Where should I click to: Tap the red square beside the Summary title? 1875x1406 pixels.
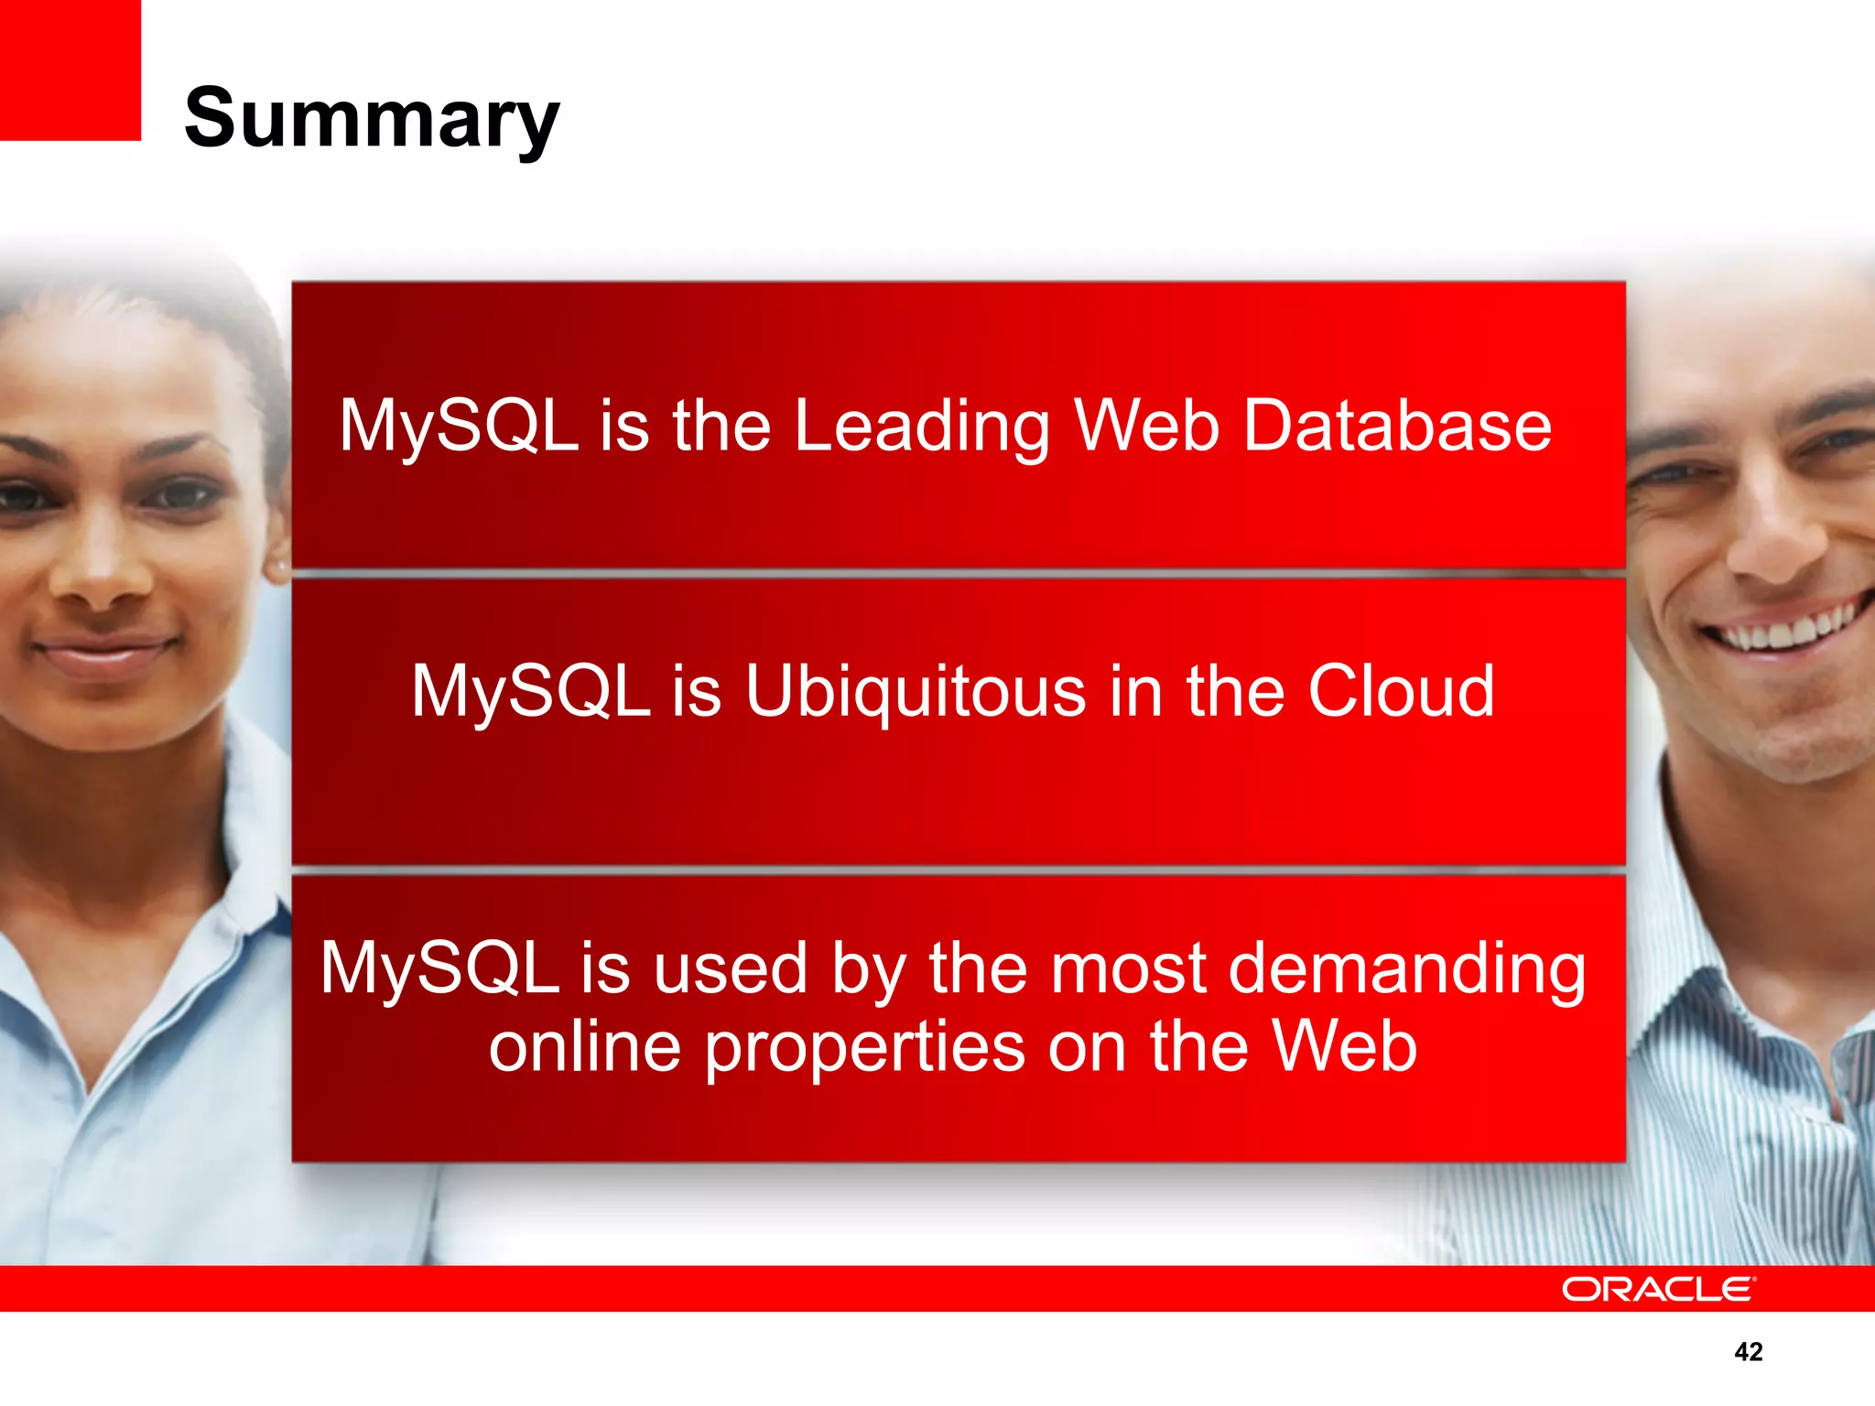pyautogui.click(x=70, y=70)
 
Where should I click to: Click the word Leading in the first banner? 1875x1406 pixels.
pyautogui.click(x=921, y=427)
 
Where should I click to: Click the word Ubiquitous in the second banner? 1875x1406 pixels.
pyautogui.click(x=916, y=692)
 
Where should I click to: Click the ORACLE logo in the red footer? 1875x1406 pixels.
pyautogui.click(x=1658, y=1289)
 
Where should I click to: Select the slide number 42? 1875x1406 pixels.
pyautogui.click(x=1748, y=1351)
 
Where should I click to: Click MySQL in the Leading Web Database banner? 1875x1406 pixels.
pyautogui.click(x=458, y=427)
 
